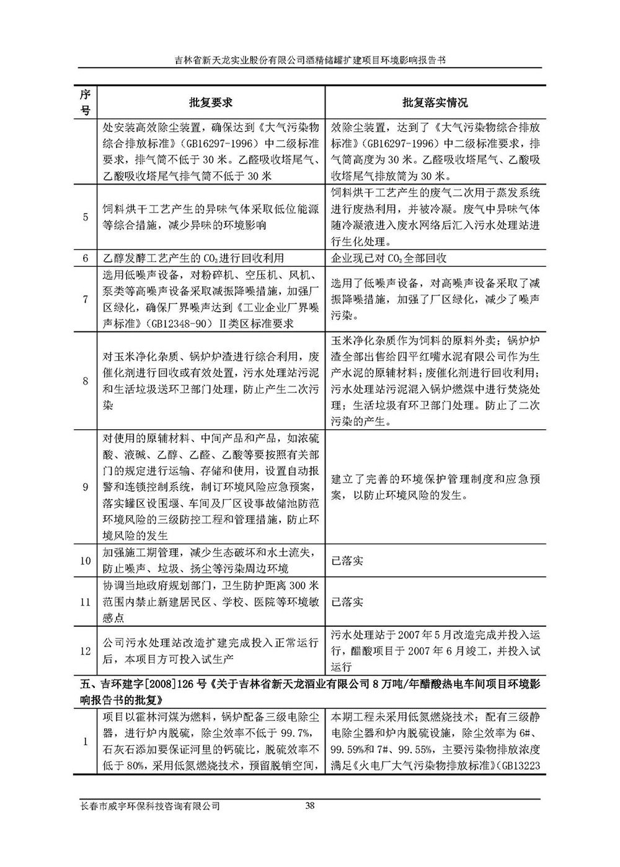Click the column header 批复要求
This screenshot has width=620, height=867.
(x=211, y=102)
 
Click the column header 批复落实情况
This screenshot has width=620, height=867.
(x=435, y=102)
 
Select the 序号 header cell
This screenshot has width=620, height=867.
(x=86, y=102)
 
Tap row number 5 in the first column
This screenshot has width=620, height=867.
(x=86, y=217)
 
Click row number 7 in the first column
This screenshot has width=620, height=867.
(x=86, y=300)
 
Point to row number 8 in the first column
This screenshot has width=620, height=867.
(x=86, y=381)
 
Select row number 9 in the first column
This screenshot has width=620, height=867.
(x=86, y=487)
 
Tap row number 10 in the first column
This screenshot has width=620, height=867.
(x=86, y=560)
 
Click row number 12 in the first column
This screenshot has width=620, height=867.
(x=86, y=651)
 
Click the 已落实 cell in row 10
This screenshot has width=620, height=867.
(x=347, y=560)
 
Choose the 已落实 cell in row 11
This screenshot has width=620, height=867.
(x=347, y=601)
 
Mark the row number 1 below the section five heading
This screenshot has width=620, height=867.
(x=86, y=741)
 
